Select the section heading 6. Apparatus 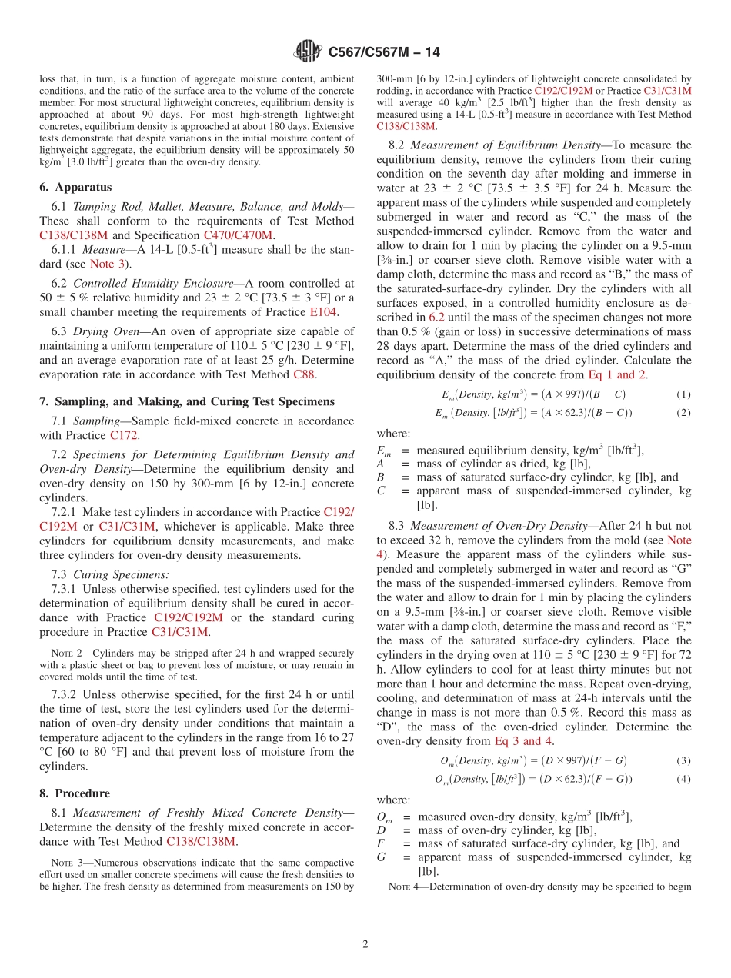pyautogui.click(x=75, y=187)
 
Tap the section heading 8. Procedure pyautogui.click(x=75, y=793)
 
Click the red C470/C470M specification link pyautogui.click(x=237, y=235)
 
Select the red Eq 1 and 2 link pyautogui.click(x=617, y=374)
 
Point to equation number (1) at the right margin pyautogui.click(x=683, y=394)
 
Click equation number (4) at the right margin pyautogui.click(x=683, y=779)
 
